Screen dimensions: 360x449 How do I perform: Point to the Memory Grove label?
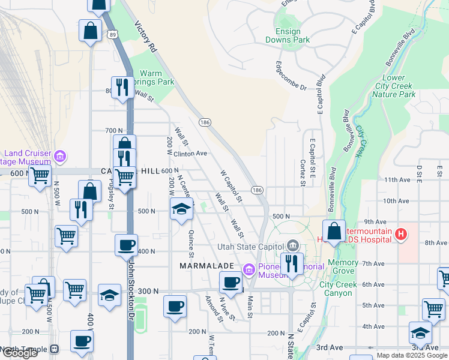pyautogui.click(x=343, y=267)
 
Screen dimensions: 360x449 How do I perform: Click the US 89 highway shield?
pyautogui.click(x=113, y=36)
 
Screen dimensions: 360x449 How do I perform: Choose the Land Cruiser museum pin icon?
pyautogui.click(x=59, y=157)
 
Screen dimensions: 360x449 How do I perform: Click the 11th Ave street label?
pyautogui.click(x=396, y=179)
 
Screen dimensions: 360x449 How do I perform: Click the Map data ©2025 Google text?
pyautogui.click(x=412, y=355)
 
